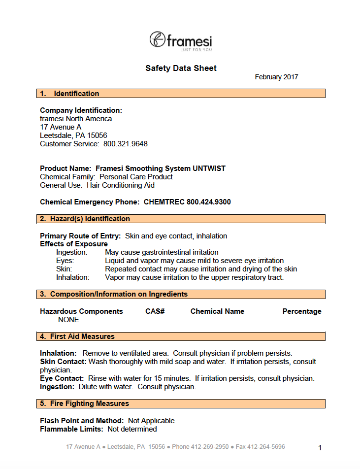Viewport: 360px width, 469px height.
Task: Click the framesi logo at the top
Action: coord(181,40)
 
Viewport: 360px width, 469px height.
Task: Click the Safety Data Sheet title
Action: coord(181,68)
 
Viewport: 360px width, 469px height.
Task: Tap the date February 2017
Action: coord(276,77)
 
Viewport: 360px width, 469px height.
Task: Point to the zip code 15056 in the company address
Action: coord(98,135)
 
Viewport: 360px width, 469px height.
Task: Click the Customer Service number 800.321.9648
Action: coord(126,144)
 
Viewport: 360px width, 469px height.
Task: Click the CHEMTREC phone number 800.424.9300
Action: coord(209,202)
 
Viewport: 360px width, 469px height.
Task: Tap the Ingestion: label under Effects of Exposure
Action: coord(72,252)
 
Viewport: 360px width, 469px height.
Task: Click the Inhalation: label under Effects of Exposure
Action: coord(73,277)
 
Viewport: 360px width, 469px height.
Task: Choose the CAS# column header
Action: coord(155,311)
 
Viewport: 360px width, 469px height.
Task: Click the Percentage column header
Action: coord(302,311)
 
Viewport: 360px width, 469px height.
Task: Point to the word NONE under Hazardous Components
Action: coord(68,320)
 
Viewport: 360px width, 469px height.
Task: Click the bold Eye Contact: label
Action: coord(62,378)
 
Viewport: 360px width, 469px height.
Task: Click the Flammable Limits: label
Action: coord(71,429)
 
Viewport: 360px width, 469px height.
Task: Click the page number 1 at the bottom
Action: coord(320,448)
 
